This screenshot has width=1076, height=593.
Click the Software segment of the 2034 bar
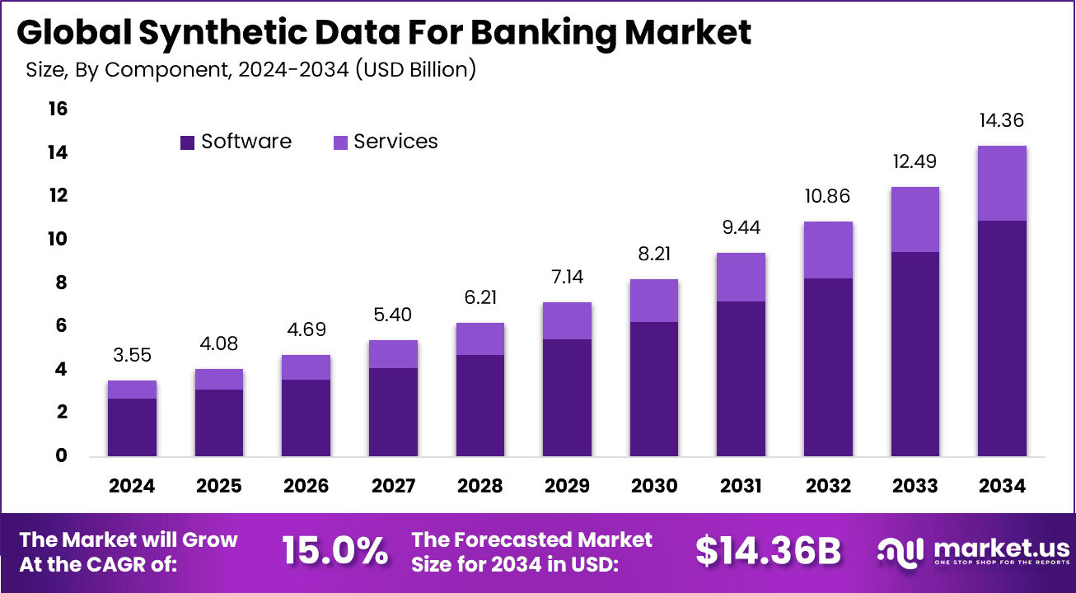point(1001,338)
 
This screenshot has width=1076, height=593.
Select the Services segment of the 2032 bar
point(827,250)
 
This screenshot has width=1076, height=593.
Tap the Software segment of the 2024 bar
point(132,427)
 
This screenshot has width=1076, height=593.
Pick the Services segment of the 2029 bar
point(567,320)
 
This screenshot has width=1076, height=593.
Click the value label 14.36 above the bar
point(1001,120)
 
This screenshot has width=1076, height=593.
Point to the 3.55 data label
point(132,356)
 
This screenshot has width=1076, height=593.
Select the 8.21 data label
point(653,254)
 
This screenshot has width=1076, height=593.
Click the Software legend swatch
point(187,142)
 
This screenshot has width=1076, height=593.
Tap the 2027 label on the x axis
point(393,486)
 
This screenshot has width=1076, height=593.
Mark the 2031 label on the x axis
point(741,486)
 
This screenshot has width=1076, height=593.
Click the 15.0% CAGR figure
point(334,551)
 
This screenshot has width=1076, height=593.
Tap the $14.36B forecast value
point(768,551)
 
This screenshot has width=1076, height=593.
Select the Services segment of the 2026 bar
point(306,367)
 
